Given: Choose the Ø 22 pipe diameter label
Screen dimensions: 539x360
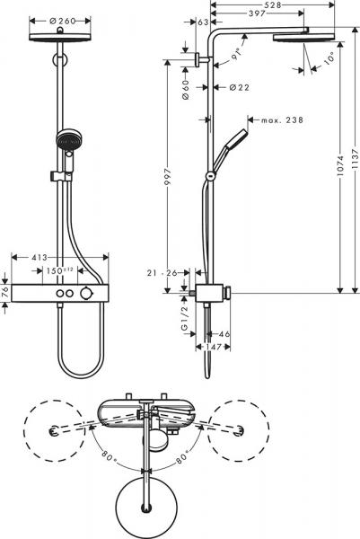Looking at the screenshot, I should tap(238, 87).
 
